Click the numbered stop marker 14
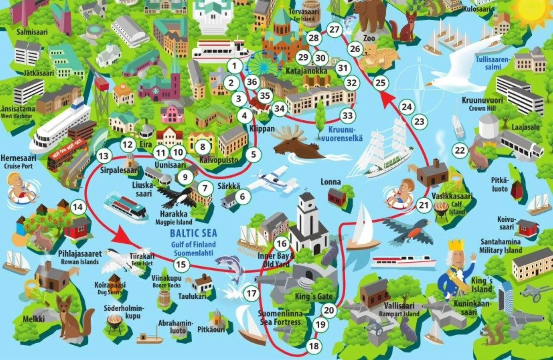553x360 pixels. click(x=78, y=207)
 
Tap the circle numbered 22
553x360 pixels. click(x=460, y=151)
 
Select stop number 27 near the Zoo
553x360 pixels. click(x=334, y=30)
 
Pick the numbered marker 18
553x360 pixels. click(x=314, y=346)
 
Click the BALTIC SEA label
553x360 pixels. click(x=193, y=233)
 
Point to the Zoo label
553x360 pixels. click(x=369, y=38)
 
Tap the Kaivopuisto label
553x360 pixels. click(x=219, y=160)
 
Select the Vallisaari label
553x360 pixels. click(x=399, y=306)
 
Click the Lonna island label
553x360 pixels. click(x=330, y=182)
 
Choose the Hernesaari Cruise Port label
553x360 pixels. click(x=18, y=162)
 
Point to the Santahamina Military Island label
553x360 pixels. click(x=500, y=246)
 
